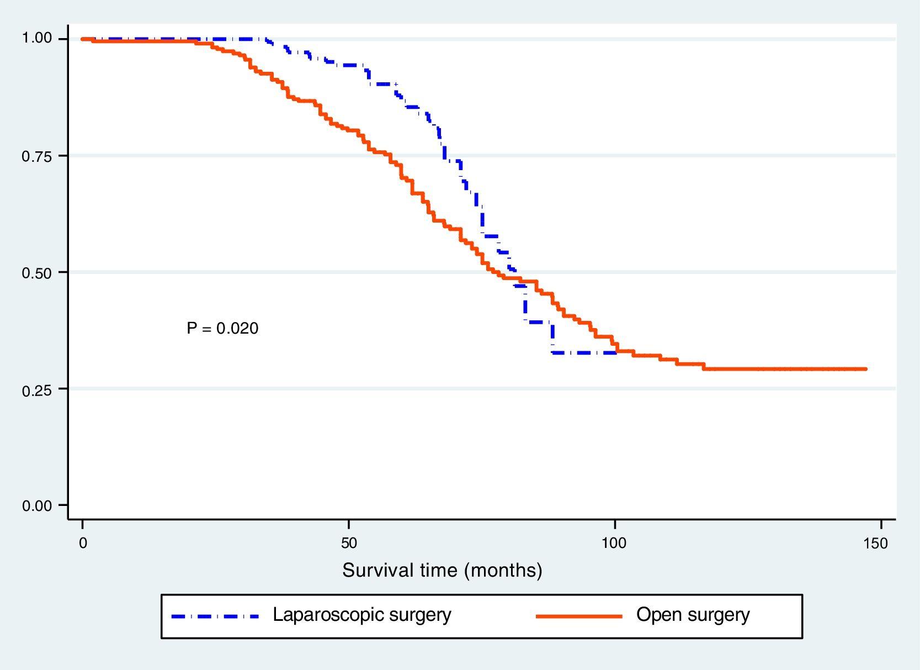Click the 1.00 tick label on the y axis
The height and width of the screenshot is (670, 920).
click(x=36, y=38)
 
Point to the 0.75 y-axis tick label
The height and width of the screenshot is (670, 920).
click(x=36, y=156)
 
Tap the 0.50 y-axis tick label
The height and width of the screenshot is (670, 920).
click(x=36, y=273)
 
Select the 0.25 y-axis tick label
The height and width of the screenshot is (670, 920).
click(x=36, y=390)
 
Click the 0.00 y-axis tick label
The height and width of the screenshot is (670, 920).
click(x=36, y=506)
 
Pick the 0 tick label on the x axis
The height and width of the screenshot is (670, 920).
click(x=83, y=544)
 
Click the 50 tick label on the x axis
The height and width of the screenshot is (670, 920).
click(x=349, y=544)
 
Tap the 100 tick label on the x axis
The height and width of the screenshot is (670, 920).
click(x=614, y=544)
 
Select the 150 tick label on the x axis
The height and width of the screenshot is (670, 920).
click(x=876, y=544)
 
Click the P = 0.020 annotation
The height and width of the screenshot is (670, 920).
click(x=222, y=329)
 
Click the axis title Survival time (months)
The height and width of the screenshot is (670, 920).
click(x=442, y=570)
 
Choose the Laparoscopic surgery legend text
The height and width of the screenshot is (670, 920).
click(x=362, y=615)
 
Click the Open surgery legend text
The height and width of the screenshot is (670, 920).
click(x=693, y=615)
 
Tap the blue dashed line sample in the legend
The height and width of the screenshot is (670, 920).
click(x=215, y=616)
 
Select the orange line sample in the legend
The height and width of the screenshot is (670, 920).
click(x=579, y=616)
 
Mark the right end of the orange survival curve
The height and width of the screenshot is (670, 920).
click(x=865, y=369)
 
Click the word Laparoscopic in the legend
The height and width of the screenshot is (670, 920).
click(x=323, y=615)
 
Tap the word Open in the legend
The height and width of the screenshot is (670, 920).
click(x=656, y=615)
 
